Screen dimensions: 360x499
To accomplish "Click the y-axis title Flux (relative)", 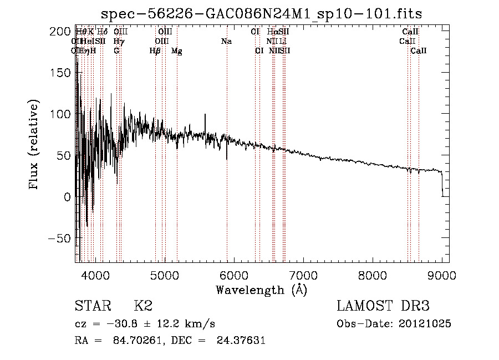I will point(34,145).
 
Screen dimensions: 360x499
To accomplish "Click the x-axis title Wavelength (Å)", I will point(261,290).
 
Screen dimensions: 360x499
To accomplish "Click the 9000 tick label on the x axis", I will point(441,275).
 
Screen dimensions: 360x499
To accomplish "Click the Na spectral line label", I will point(226,41).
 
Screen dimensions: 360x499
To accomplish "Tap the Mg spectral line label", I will point(177,51).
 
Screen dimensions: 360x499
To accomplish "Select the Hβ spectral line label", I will point(155,51).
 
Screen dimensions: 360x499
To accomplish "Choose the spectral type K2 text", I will point(143,306).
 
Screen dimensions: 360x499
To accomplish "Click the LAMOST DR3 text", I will point(383,306).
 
